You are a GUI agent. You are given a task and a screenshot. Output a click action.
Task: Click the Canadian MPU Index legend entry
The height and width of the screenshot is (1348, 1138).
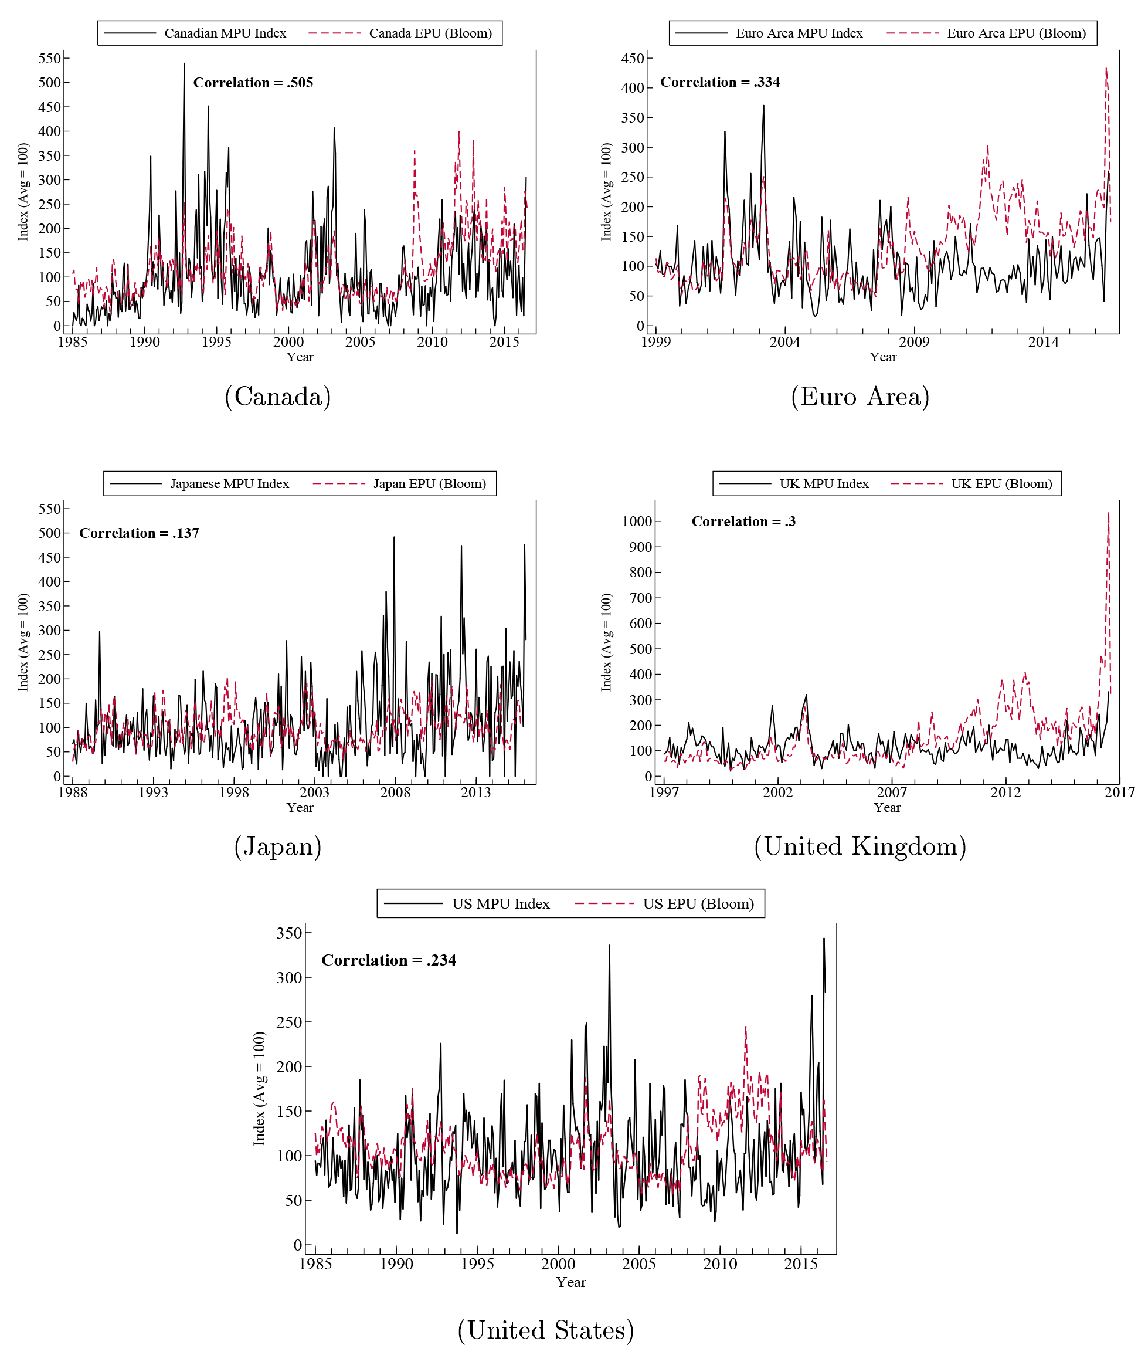(225, 33)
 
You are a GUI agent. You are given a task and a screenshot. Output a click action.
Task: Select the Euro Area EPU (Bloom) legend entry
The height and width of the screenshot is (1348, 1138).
(1016, 33)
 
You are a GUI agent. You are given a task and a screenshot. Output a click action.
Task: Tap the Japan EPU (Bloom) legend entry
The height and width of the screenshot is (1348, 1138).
(429, 483)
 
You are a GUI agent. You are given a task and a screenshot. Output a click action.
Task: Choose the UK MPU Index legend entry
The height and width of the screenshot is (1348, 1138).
(824, 483)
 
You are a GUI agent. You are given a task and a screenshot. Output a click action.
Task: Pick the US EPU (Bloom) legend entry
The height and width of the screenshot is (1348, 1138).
(698, 903)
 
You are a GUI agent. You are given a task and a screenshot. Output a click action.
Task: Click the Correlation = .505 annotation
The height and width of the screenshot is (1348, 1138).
(253, 83)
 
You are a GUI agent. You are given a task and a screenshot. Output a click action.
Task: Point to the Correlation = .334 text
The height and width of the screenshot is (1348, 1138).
(720, 82)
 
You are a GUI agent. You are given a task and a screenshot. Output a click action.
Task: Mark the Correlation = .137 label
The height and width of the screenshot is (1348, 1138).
(139, 533)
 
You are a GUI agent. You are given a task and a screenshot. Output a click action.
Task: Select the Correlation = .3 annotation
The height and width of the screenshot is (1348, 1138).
(743, 521)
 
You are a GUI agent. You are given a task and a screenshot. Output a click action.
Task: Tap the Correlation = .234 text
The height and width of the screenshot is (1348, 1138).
(388, 960)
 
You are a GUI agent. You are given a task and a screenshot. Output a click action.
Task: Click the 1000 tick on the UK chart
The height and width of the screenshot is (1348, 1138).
(637, 521)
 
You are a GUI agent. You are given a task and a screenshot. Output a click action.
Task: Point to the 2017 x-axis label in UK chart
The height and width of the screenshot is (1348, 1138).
(1119, 792)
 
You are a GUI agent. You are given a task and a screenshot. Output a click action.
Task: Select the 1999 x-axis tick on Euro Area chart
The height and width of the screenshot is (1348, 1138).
(655, 342)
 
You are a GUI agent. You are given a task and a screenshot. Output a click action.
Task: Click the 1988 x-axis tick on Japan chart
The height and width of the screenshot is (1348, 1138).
(72, 792)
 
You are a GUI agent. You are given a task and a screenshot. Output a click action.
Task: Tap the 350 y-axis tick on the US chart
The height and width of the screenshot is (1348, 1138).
(289, 933)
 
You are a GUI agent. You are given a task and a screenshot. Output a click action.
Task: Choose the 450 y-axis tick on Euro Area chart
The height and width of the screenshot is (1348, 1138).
(632, 58)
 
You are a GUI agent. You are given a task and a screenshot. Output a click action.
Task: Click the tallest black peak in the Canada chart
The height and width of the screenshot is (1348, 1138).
(184, 64)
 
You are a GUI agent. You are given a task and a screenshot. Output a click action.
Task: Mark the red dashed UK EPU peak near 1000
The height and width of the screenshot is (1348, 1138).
(1108, 514)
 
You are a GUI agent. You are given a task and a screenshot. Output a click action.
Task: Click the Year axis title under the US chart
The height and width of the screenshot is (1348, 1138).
(571, 1282)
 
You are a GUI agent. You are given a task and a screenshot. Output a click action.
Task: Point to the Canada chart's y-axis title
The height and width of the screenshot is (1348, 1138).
(23, 192)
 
